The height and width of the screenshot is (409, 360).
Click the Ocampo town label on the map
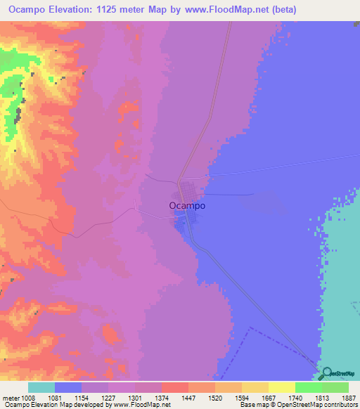tap(187, 206)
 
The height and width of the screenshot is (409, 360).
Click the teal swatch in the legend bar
tap(41, 387)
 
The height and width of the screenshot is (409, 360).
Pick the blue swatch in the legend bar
tap(68, 387)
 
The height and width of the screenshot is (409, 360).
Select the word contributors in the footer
tap(342, 405)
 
